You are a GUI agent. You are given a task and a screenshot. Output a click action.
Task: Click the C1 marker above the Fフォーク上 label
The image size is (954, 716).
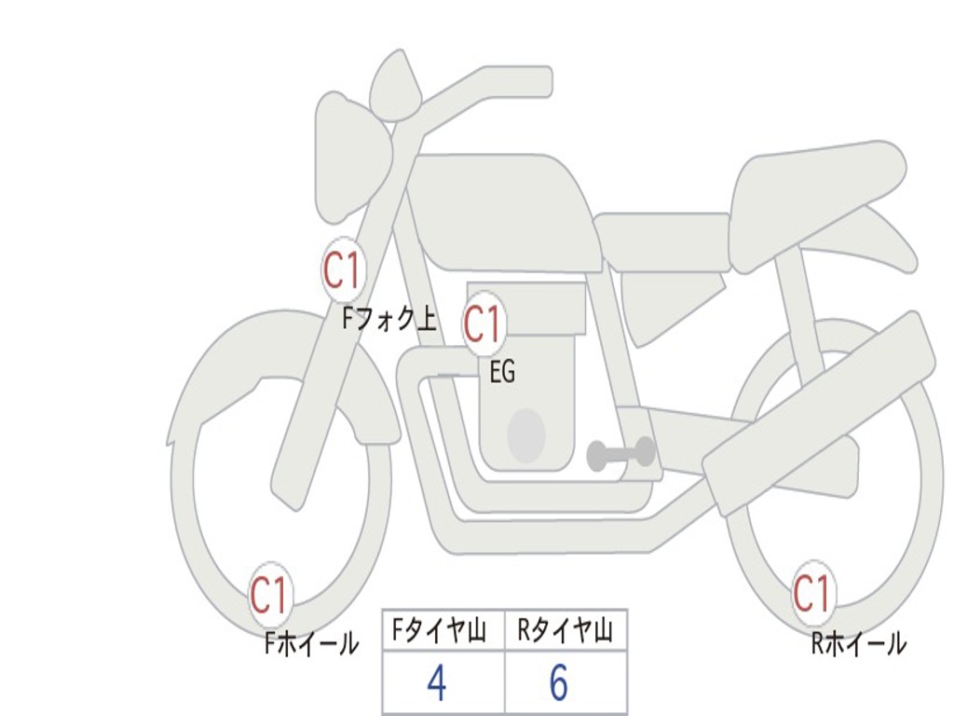[x=343, y=270]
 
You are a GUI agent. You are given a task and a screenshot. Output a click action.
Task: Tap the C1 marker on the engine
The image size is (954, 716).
[x=483, y=324]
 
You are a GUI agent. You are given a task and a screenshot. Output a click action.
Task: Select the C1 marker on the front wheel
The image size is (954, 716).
[x=270, y=594]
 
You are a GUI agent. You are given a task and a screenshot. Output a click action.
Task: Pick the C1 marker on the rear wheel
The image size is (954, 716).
[x=812, y=592]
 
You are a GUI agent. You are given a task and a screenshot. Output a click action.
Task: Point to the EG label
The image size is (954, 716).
[x=502, y=373]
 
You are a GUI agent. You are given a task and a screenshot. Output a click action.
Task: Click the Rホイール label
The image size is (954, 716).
[x=859, y=642]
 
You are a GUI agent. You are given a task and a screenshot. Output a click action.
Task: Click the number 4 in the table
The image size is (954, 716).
[x=436, y=684]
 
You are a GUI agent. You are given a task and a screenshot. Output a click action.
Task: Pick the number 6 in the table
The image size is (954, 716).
[x=559, y=684]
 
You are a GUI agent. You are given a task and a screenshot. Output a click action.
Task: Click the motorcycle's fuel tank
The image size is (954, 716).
[x=503, y=210]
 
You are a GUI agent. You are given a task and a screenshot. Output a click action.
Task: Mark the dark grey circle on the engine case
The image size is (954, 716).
[x=525, y=435]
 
